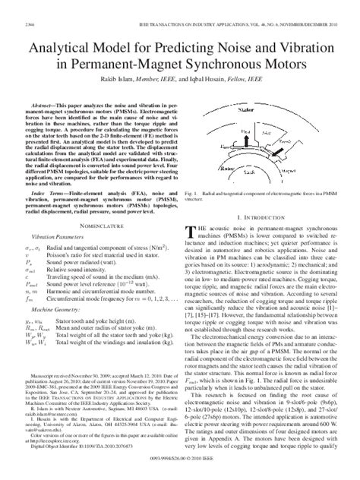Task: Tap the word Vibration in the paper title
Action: (286, 46)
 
